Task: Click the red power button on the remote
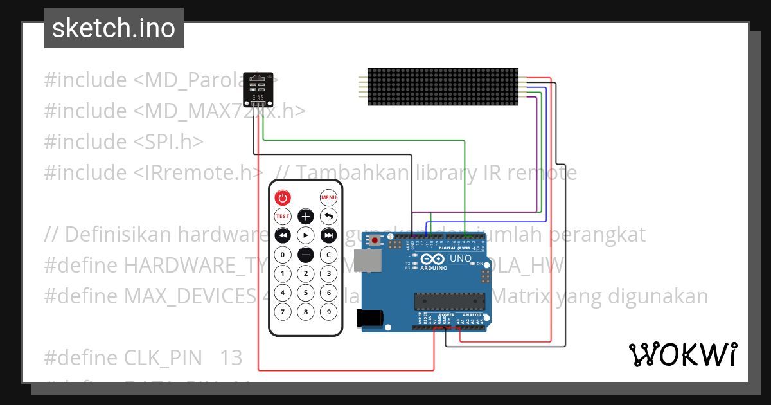pyautogui.click(x=283, y=197)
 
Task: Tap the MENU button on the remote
pyautogui.click(x=329, y=197)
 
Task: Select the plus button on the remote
pyautogui.click(x=306, y=216)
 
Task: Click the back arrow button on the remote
pyautogui.click(x=329, y=216)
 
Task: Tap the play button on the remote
pyautogui.click(x=306, y=235)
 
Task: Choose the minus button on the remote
pyautogui.click(x=306, y=255)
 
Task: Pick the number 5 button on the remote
pyautogui.click(x=306, y=293)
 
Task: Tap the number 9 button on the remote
pyautogui.click(x=329, y=312)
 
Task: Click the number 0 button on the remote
pyautogui.click(x=283, y=255)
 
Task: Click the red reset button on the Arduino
pyautogui.click(x=375, y=240)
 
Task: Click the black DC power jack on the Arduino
pyautogui.click(x=370, y=317)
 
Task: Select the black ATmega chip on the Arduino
pyautogui.click(x=450, y=301)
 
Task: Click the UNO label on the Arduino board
pyautogui.click(x=460, y=258)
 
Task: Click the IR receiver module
pyautogui.click(x=258, y=89)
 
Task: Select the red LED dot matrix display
pyautogui.click(x=443, y=87)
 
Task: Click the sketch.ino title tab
pyautogui.click(x=114, y=28)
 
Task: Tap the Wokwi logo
pyautogui.click(x=682, y=354)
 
